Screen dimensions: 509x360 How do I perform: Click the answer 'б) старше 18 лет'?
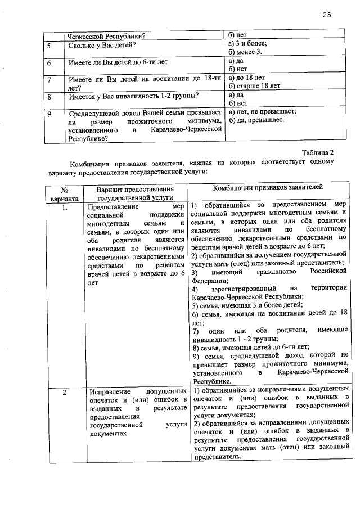(x=255, y=86)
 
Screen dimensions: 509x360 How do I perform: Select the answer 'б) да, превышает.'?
(x=256, y=120)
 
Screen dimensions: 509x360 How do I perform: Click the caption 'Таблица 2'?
(x=318, y=152)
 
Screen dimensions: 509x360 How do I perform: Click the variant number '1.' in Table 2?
(x=65, y=207)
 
